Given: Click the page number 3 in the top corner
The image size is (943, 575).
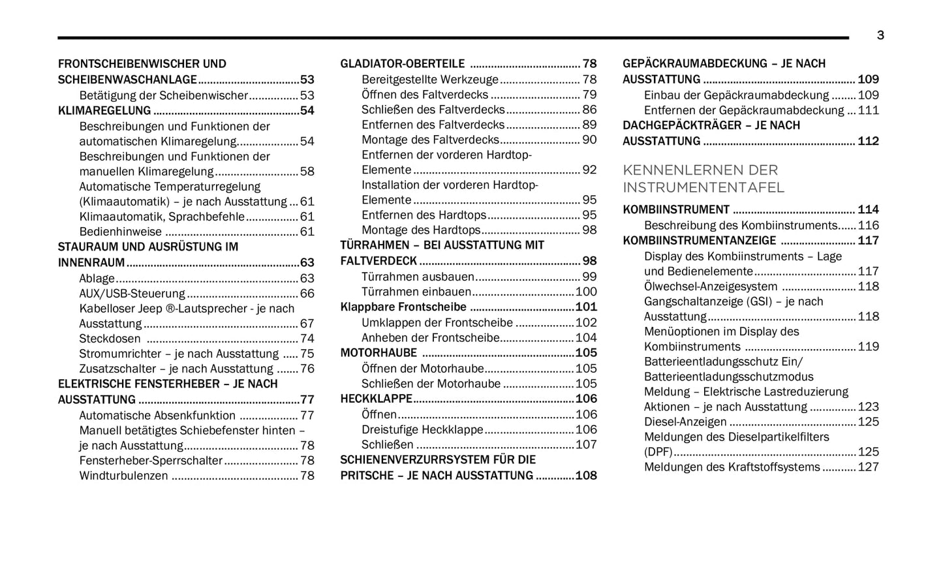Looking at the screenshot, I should tap(880, 35).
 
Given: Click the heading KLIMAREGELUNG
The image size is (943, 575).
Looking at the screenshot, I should tap(104, 111).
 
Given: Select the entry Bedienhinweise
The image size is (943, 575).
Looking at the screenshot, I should tap(121, 232).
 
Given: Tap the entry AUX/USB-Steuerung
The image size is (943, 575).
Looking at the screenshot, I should tap(132, 294).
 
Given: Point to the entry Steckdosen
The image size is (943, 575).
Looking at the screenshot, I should tap(110, 339).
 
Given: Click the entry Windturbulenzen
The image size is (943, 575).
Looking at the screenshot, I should tap(123, 476).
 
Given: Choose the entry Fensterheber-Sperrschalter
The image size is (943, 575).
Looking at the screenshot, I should tap(151, 461).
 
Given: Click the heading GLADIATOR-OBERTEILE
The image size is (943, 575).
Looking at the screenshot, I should tap(402, 64).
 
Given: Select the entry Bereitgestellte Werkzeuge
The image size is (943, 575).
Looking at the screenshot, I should tap(429, 80).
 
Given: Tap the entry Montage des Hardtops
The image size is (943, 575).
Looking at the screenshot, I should tap(421, 230).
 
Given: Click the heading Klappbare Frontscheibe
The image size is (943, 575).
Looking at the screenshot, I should tap(403, 307).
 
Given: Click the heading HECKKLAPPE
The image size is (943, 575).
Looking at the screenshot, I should tap(376, 399).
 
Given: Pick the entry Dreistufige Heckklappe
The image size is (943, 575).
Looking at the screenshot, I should tap(422, 429).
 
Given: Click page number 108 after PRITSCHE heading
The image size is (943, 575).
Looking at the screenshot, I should tap(585, 476).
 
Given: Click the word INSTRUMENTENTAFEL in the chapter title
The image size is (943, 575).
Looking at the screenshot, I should tap(703, 188).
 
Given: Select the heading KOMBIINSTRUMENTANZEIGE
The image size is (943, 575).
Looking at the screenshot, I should tap(699, 241).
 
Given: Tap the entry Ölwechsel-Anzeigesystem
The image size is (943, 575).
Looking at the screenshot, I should tap(710, 287).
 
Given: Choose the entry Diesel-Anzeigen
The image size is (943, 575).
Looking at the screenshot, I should tap(685, 422).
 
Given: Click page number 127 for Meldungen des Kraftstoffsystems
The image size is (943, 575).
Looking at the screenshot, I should tap(868, 467).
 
